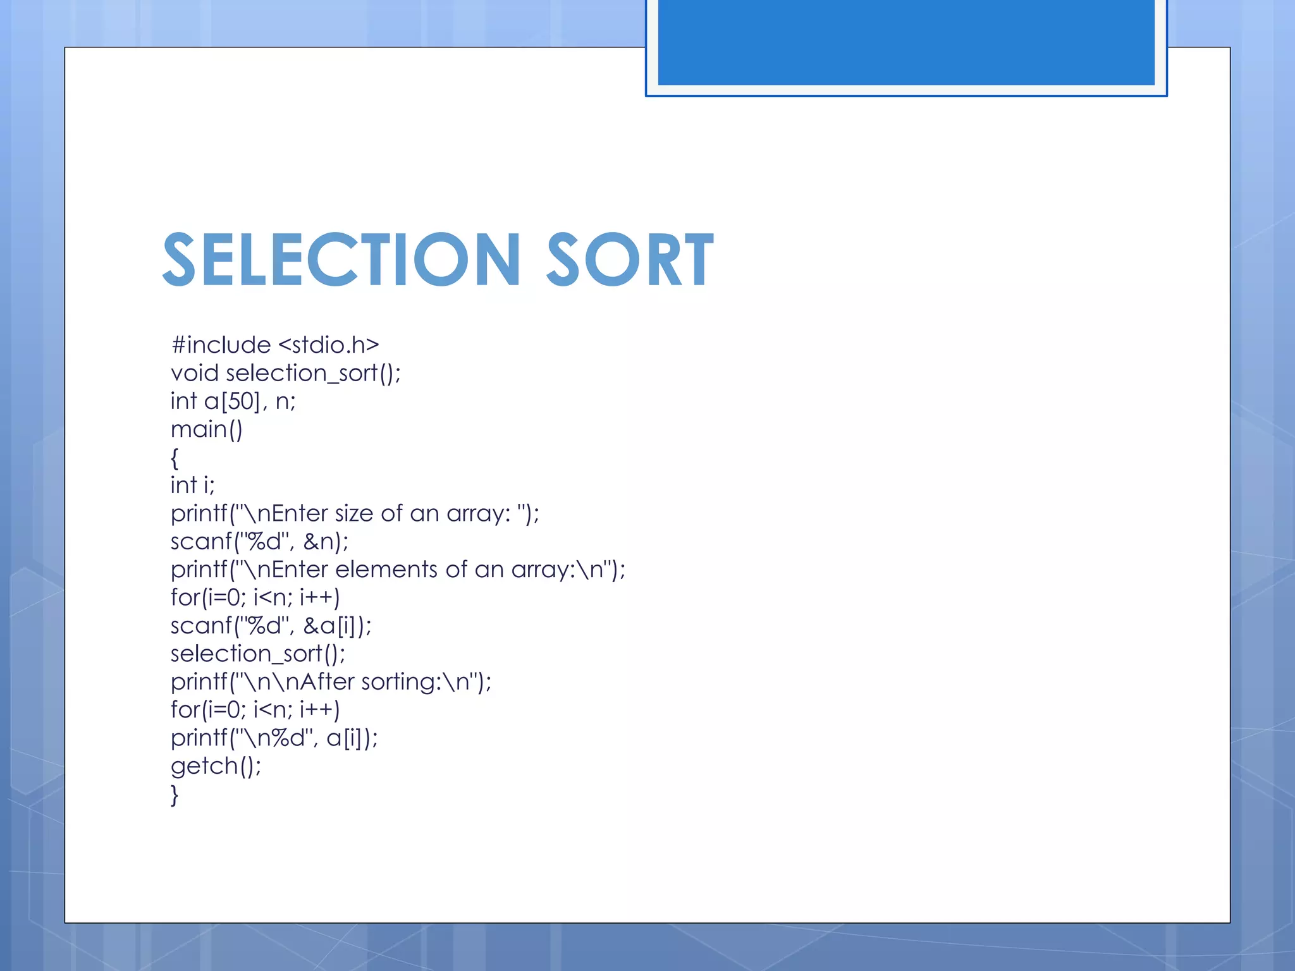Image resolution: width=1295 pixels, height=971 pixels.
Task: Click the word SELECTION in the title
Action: (341, 259)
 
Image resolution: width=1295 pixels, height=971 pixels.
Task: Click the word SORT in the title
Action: (630, 259)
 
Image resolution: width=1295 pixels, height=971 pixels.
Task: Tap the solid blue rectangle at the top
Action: (905, 42)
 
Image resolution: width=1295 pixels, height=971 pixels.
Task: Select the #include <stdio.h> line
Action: (275, 345)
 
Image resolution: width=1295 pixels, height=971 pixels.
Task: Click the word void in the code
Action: (194, 373)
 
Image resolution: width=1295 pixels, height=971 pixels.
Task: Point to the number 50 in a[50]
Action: (240, 401)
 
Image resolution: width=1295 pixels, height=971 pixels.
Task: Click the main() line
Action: (207, 430)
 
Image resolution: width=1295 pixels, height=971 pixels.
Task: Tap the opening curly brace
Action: (175, 458)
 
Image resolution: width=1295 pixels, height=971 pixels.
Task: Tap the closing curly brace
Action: (175, 795)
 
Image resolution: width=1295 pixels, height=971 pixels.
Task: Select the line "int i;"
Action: (193, 485)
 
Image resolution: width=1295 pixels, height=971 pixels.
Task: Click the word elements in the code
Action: (386, 570)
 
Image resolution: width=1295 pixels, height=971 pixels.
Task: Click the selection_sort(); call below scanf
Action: (258, 654)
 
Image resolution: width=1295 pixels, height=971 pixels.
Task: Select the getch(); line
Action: (216, 766)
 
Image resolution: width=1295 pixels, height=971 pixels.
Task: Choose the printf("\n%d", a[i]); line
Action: (274, 738)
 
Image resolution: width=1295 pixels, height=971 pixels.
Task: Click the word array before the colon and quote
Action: (477, 513)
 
